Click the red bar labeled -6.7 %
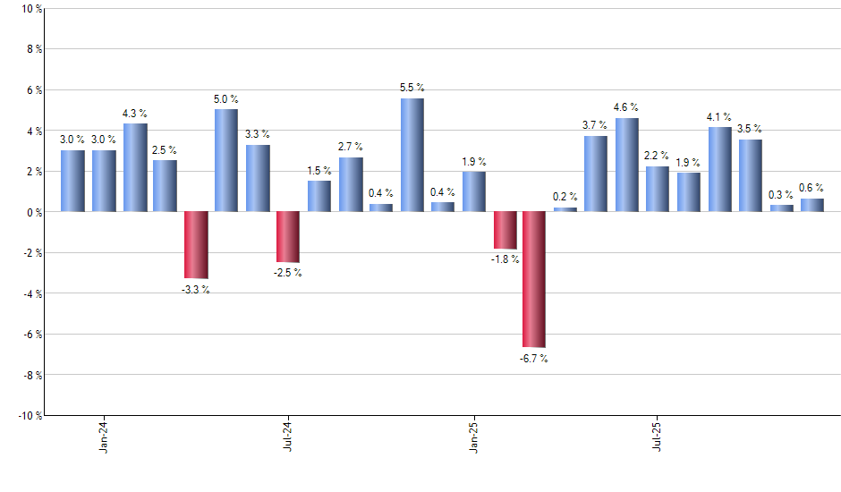click(x=534, y=279)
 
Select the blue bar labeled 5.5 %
click(x=412, y=155)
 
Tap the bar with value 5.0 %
click(x=226, y=160)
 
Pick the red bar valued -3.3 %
click(x=196, y=245)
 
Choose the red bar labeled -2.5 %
click(x=288, y=237)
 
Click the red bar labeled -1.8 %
click(x=505, y=230)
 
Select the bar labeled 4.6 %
click(x=627, y=165)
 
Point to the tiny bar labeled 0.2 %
click(x=565, y=209)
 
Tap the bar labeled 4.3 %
click(x=135, y=167)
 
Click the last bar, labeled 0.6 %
click(x=811, y=205)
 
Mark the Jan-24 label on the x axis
click(x=104, y=435)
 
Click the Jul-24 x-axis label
click(x=288, y=435)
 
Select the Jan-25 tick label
click(x=473, y=435)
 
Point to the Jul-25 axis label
click(x=658, y=435)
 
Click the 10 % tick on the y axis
click(x=31, y=9)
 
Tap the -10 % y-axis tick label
click(x=30, y=415)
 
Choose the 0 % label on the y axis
click(x=34, y=212)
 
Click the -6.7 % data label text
click(x=534, y=359)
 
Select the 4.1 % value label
click(x=719, y=116)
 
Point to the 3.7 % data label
click(x=595, y=125)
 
